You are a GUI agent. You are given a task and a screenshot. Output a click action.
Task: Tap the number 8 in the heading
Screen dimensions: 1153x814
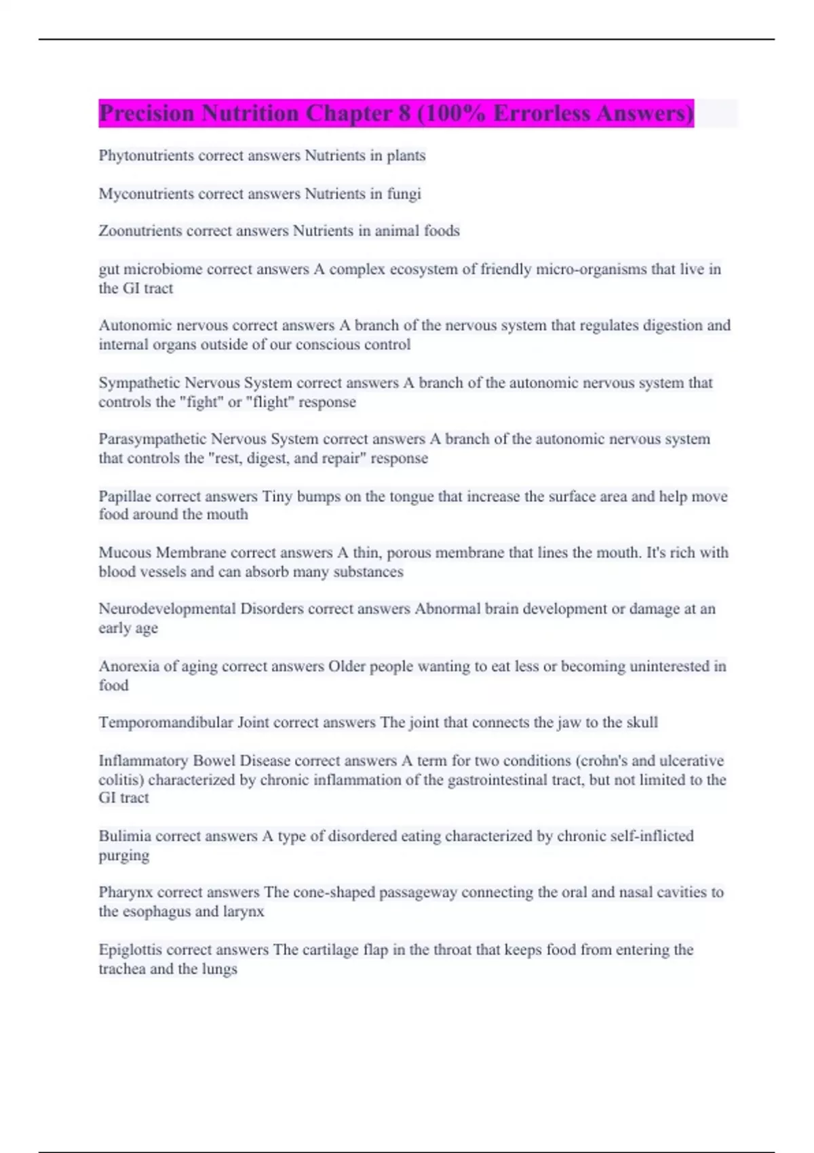coord(404,113)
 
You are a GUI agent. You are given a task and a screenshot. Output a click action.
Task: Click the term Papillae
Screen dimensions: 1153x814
coord(125,496)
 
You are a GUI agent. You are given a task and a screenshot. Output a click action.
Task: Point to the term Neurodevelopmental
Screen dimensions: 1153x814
coord(167,609)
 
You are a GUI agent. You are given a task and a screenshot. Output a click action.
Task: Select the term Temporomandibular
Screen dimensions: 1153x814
coord(166,723)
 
